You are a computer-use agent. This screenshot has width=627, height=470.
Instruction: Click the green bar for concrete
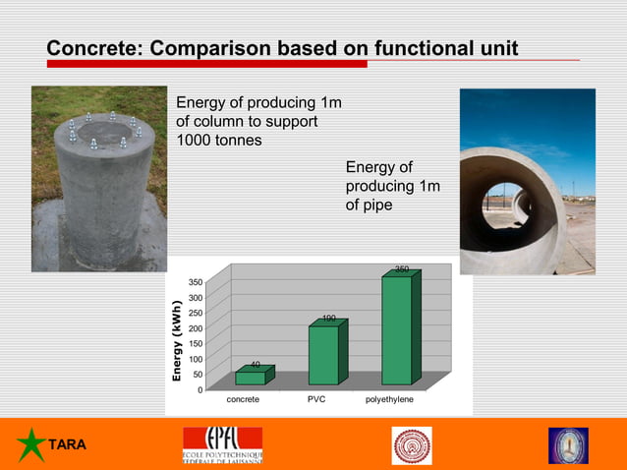pyautogui.click(x=250, y=378)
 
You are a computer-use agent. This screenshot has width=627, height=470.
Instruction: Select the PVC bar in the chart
pyautogui.click(x=323, y=354)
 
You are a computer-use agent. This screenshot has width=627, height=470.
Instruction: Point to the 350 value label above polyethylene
pyautogui.click(x=402, y=268)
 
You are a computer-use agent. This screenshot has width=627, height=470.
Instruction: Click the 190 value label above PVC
pyautogui.click(x=329, y=318)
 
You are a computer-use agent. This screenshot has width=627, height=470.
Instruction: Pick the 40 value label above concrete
pyautogui.click(x=255, y=365)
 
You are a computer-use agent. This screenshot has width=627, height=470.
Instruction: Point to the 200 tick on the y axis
pyautogui.click(x=197, y=328)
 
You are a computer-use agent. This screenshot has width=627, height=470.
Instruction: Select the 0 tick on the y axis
pyautogui.click(x=200, y=389)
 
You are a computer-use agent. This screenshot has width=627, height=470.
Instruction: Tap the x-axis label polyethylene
pyautogui.click(x=389, y=400)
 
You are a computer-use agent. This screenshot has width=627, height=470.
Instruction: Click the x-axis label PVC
pyautogui.click(x=315, y=400)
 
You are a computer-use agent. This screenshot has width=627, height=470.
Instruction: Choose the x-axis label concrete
pyautogui.click(x=243, y=400)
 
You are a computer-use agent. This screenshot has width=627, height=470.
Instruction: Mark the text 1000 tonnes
pyautogui.click(x=218, y=140)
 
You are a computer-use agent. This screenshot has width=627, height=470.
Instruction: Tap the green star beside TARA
pyautogui.click(x=31, y=445)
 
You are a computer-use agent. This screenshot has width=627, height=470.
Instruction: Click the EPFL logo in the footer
pyautogui.click(x=222, y=444)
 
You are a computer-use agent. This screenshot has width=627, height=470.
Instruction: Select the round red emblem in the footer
pyautogui.click(x=412, y=445)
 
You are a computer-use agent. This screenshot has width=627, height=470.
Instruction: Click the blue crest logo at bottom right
pyautogui.click(x=568, y=445)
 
